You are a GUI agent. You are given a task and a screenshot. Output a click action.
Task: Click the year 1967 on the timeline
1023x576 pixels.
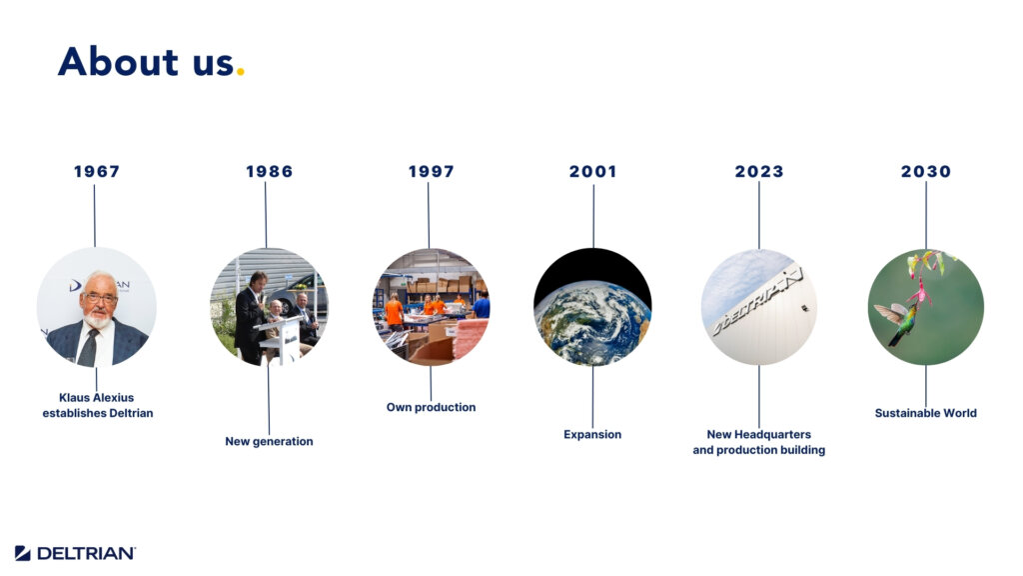(x=97, y=171)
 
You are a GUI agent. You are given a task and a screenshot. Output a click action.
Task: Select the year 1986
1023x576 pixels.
(x=269, y=171)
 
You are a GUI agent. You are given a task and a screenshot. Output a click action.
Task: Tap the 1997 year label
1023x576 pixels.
(x=431, y=171)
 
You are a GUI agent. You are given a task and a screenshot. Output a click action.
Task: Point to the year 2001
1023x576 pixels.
(x=592, y=171)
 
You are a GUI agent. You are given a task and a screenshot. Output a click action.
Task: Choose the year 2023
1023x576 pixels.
(x=759, y=171)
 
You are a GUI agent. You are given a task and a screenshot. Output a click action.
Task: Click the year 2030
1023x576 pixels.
(x=926, y=171)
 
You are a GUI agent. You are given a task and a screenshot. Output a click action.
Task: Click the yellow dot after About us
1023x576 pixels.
(x=240, y=72)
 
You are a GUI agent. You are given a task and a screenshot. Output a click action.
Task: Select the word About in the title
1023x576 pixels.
(x=118, y=62)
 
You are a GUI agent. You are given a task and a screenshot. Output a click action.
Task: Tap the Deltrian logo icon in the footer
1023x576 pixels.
(x=22, y=553)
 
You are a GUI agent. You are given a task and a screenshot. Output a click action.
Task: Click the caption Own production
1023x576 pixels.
(x=431, y=407)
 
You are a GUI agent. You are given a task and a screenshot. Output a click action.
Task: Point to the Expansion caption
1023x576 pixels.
(x=592, y=434)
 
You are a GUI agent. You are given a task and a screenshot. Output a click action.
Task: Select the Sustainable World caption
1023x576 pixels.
(x=926, y=413)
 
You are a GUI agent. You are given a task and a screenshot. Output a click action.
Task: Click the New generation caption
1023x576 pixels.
(x=269, y=441)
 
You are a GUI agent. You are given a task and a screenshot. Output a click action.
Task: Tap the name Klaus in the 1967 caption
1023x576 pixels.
(x=74, y=397)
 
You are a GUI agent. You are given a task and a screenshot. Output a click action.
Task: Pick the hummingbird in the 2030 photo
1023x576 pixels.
(x=899, y=321)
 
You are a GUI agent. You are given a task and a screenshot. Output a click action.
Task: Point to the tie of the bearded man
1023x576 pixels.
(x=89, y=346)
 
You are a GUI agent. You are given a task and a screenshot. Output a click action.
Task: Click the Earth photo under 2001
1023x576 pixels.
(x=592, y=306)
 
